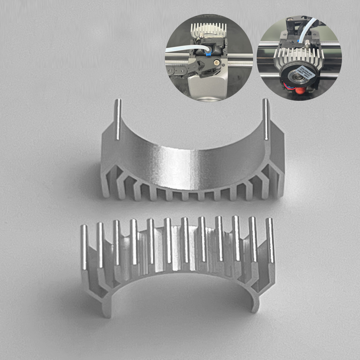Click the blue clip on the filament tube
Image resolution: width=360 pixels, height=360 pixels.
pos(208,54)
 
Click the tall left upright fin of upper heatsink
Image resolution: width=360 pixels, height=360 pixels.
pos(118,119)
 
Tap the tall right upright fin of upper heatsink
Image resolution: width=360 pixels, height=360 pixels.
pos(265,119)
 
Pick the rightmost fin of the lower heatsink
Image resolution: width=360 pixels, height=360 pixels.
pos(270,239)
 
